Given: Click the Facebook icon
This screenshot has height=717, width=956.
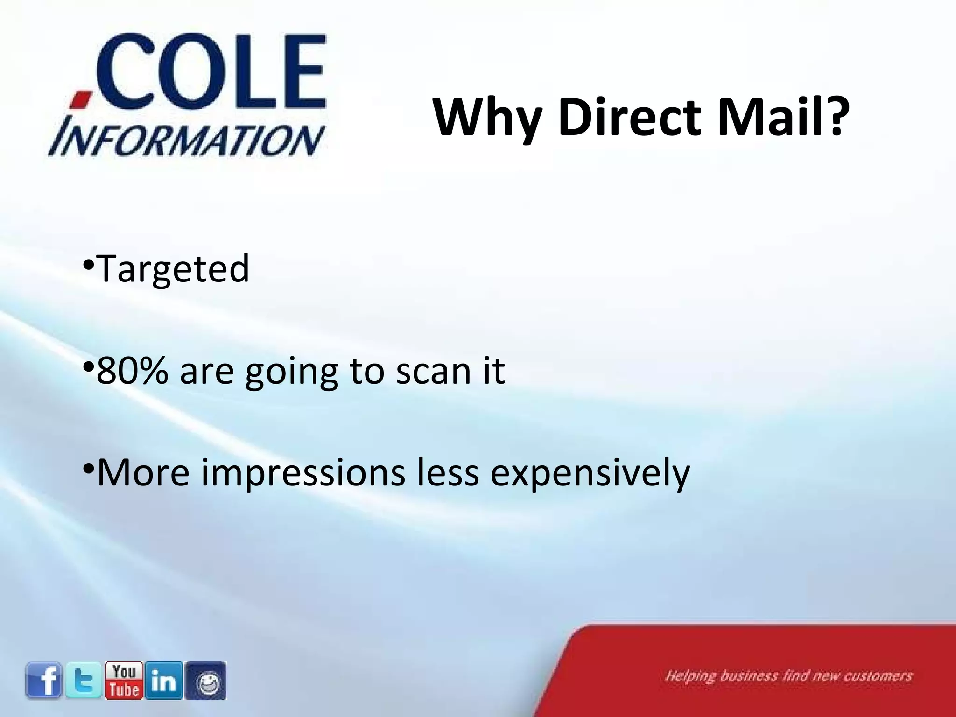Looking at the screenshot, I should [x=43, y=681].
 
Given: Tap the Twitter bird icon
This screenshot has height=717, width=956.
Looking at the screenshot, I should [x=84, y=681].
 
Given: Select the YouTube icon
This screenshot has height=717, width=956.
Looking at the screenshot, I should [x=124, y=680].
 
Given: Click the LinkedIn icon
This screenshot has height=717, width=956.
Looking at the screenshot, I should [x=164, y=681].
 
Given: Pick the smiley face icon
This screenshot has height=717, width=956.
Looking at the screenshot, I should [x=205, y=681].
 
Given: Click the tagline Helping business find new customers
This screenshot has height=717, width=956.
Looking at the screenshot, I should [x=788, y=676].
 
